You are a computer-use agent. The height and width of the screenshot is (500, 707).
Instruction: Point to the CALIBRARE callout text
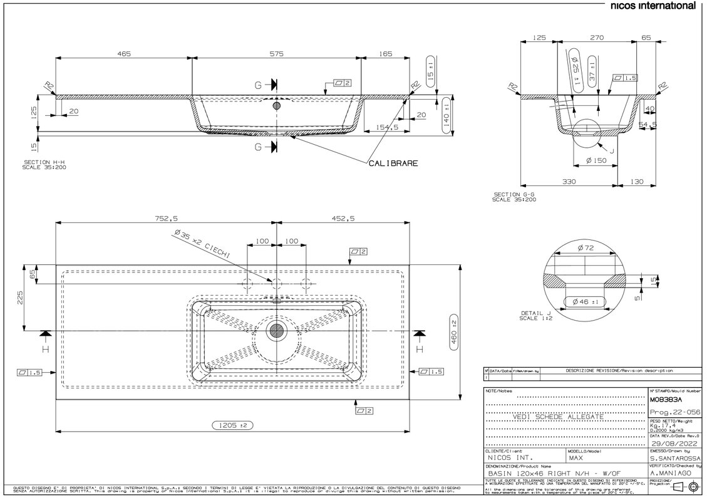[x=393, y=164]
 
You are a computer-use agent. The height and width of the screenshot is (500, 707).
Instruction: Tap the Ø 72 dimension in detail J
[x=586, y=248]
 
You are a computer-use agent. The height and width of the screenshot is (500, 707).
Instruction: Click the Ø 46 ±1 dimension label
[x=586, y=303]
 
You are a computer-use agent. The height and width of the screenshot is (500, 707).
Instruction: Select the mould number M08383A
[x=665, y=399]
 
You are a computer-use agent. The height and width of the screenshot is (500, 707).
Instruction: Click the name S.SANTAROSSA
[x=671, y=459]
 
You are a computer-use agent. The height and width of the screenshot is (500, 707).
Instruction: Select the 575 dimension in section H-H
[x=276, y=55]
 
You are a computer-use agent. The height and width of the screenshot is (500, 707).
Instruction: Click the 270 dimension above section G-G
[x=597, y=38]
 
